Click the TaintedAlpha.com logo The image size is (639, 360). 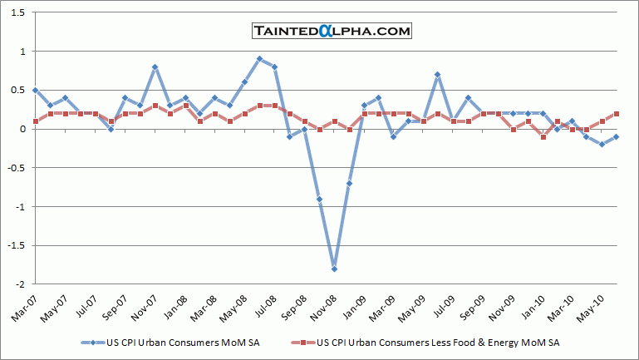(x=332, y=32)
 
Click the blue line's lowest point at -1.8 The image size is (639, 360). (x=334, y=269)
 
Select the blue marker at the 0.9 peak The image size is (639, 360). (x=259, y=59)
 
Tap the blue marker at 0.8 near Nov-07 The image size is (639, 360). (x=155, y=67)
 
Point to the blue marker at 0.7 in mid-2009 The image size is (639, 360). (x=437, y=75)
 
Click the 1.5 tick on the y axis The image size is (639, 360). (x=17, y=13)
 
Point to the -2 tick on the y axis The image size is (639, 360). (x=20, y=284)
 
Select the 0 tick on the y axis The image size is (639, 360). (x=22, y=129)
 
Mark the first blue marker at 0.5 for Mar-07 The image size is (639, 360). (x=35, y=90)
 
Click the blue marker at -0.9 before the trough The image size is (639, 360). (x=319, y=199)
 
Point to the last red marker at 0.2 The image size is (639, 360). (x=617, y=114)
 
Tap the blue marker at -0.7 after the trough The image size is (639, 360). (x=349, y=183)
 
